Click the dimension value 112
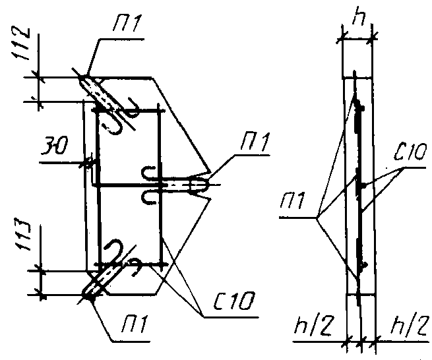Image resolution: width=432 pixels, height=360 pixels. [x=20, y=43]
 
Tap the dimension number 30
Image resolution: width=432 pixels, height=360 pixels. [x=54, y=146]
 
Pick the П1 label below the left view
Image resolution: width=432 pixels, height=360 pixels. [x=135, y=324]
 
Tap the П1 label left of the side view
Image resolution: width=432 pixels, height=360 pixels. [x=293, y=200]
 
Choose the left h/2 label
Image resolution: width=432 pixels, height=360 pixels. [x=314, y=326]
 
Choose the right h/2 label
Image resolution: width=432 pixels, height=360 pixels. [x=410, y=326]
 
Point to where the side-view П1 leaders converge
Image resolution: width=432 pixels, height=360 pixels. [x=317, y=218]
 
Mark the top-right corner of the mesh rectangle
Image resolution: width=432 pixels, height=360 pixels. [x=159, y=111]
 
